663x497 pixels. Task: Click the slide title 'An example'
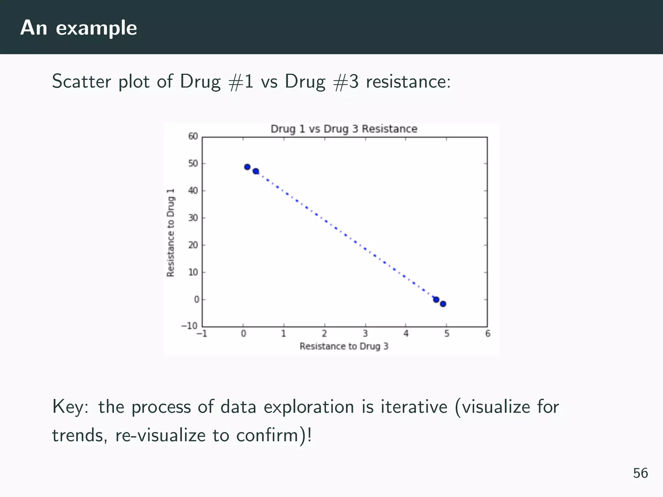point(79,28)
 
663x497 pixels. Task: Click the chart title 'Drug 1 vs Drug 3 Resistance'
point(344,129)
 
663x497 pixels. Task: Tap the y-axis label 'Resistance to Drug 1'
point(171,232)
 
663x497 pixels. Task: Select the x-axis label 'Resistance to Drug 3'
point(344,346)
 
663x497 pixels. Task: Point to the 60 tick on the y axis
point(193,136)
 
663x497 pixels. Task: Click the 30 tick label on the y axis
point(193,218)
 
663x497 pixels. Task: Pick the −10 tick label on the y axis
point(190,326)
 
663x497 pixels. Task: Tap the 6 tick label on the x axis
point(488,334)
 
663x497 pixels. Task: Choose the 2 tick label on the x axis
point(324,334)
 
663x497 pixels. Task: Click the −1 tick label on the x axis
point(202,334)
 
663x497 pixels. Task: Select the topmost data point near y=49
point(247,167)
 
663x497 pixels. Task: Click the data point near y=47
point(256,171)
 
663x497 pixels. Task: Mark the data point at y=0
point(436,300)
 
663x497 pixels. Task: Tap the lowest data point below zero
point(443,304)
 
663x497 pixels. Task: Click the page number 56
point(640,473)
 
